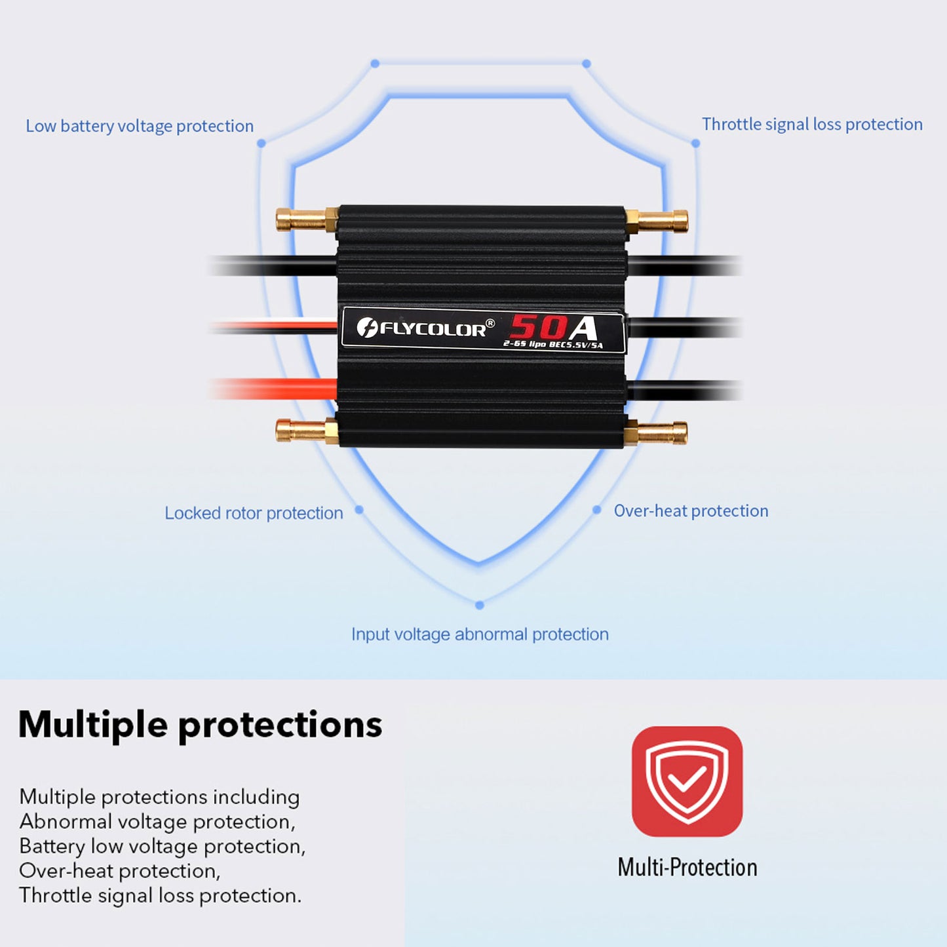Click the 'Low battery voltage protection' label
[x=140, y=126]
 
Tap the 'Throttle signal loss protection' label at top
[x=812, y=124]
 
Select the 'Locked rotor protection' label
[x=254, y=512]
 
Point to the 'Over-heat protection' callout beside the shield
[x=691, y=511]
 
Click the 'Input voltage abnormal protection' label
[x=480, y=634]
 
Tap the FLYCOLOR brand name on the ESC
[x=433, y=328]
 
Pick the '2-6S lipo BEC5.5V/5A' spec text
[x=552, y=344]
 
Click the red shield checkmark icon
[x=687, y=781]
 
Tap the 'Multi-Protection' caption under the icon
[x=687, y=867]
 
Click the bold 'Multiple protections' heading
[x=200, y=724]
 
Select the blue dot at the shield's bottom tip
[x=480, y=605]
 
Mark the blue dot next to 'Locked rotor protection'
[x=359, y=509]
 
